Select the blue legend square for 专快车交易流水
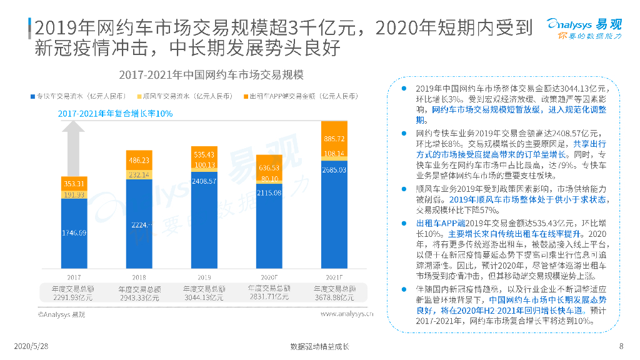(32, 97)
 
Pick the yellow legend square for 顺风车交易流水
(139, 97)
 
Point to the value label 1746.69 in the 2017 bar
(74, 233)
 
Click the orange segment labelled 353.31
(74, 184)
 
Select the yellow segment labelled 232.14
(139, 175)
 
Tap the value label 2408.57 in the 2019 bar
(204, 181)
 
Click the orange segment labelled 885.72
(334, 138)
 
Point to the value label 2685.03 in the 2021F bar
(334, 169)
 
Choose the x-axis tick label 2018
(139, 276)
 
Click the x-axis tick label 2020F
(269, 276)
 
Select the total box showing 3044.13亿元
(204, 293)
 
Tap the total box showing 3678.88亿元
(334, 293)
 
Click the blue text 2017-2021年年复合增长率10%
(116, 114)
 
